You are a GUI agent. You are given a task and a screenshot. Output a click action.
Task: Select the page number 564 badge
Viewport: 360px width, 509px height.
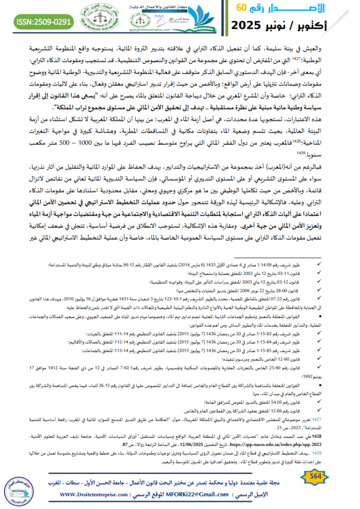(330, 477)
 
